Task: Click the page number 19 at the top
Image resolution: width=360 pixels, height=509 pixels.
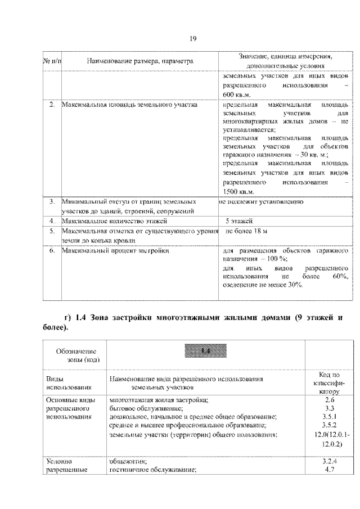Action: (192, 38)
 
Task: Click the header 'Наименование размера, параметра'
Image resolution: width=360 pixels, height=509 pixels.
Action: (140, 60)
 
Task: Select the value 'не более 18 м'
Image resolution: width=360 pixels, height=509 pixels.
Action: (246, 231)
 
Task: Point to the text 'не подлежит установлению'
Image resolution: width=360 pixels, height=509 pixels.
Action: (262, 201)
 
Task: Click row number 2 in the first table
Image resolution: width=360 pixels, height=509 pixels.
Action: (52, 105)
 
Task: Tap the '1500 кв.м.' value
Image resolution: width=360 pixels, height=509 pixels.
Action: (238, 192)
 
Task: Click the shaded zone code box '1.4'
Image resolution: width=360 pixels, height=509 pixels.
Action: (205, 352)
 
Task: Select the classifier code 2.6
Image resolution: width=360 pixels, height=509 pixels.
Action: (330, 399)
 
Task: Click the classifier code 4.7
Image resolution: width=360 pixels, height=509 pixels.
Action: (330, 470)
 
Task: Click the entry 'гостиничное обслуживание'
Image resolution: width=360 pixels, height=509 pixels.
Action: (152, 470)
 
